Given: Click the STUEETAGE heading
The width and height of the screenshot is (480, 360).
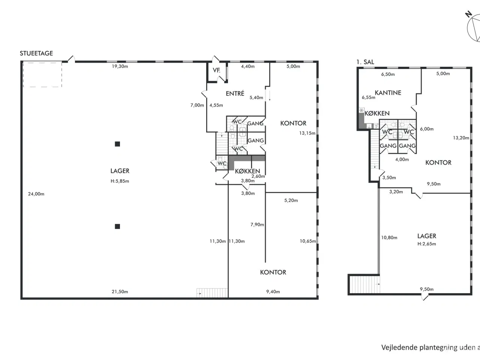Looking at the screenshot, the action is [x=36, y=53].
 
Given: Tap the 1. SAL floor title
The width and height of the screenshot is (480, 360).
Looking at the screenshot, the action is [x=365, y=62].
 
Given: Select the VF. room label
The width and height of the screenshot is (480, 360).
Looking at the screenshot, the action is [x=216, y=70].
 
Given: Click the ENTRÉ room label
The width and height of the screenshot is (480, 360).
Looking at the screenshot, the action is [x=235, y=93].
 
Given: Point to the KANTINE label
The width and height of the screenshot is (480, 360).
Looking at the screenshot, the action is [x=388, y=93].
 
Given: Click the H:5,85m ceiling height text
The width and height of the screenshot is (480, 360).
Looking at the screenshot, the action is [x=120, y=181].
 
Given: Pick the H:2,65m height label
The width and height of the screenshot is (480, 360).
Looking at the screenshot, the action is [x=427, y=244].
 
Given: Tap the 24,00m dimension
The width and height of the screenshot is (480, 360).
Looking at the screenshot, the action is [x=36, y=194].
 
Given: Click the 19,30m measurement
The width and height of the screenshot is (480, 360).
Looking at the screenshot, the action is [x=120, y=66].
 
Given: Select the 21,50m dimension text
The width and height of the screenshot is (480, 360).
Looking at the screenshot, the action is [x=120, y=292].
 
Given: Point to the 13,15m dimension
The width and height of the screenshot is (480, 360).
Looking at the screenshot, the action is [x=307, y=133].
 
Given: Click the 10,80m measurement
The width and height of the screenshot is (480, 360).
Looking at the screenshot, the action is [x=389, y=238].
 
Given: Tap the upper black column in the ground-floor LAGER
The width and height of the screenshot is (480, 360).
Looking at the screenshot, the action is [x=117, y=144].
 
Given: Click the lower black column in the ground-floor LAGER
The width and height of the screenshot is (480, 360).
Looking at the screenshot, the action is [x=117, y=226].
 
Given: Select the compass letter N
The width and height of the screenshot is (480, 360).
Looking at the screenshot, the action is [x=468, y=14].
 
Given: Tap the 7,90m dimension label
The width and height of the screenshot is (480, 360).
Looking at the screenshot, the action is [x=257, y=225].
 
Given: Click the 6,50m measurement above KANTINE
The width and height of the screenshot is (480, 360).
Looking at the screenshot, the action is [x=388, y=74].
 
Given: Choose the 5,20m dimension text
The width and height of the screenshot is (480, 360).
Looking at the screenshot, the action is [x=291, y=200].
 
